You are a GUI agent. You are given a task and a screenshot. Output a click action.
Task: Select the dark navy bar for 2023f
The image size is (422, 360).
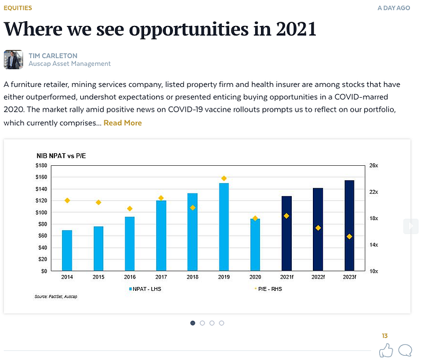click(349, 226)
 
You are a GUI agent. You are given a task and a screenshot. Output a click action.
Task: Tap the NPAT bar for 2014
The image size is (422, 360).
click(67, 250)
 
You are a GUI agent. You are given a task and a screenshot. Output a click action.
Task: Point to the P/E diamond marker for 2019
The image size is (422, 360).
click(224, 178)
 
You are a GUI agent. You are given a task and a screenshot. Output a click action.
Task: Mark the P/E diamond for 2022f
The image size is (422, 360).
click(318, 228)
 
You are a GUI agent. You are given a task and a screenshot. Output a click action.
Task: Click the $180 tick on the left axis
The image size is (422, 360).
click(42, 165)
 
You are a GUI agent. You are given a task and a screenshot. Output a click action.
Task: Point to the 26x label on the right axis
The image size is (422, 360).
click(374, 165)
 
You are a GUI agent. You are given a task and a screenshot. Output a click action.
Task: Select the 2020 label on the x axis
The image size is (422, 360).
click(255, 278)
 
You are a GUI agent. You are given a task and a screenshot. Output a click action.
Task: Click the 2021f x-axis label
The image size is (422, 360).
click(286, 278)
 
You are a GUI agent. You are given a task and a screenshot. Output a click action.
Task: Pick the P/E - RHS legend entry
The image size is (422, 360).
click(268, 289)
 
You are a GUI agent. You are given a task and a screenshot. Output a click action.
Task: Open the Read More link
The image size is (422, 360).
click(122, 123)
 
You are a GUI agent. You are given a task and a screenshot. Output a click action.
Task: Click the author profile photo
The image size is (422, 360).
click(13, 59)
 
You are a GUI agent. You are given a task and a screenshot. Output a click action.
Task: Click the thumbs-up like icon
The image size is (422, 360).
click(386, 350)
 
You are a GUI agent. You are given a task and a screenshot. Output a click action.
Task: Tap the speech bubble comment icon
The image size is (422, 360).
click(406, 350)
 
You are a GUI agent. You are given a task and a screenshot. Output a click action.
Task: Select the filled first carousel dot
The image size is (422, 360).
click(193, 323)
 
